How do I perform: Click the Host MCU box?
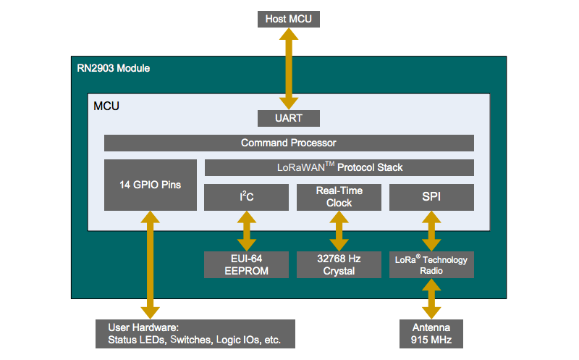(x=289, y=19)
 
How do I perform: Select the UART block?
(x=289, y=117)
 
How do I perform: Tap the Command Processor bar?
(x=289, y=143)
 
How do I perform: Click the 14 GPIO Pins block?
(x=150, y=185)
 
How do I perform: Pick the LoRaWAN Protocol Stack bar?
(x=339, y=167)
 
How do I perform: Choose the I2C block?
(x=247, y=197)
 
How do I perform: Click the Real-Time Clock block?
(x=339, y=197)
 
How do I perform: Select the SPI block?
(x=431, y=197)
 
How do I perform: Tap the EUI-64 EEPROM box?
(x=247, y=264)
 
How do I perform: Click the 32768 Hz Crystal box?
(x=339, y=264)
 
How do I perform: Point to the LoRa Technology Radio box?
(x=431, y=264)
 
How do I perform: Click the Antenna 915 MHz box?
(x=431, y=333)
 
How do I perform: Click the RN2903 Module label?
(x=114, y=68)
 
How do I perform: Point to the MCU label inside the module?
(x=106, y=106)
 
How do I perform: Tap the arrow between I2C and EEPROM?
(x=247, y=231)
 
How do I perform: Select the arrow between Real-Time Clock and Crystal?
(x=339, y=231)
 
